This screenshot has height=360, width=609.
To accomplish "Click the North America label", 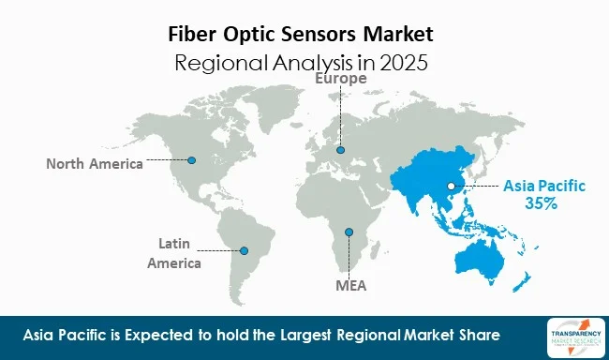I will pos(95,164).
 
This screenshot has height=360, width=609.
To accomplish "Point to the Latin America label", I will pos(174,253).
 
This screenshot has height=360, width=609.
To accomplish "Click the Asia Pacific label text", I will pos(543,186).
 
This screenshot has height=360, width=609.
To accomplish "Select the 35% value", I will pos(542,203).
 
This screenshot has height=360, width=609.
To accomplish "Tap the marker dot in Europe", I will pos(341,149).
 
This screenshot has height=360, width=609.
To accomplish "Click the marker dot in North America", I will pos(192,160).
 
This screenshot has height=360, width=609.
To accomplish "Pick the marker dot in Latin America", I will pos(244,250).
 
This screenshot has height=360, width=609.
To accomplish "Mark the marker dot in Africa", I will pos(349,232).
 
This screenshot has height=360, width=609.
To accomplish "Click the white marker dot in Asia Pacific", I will pos(451,186).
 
